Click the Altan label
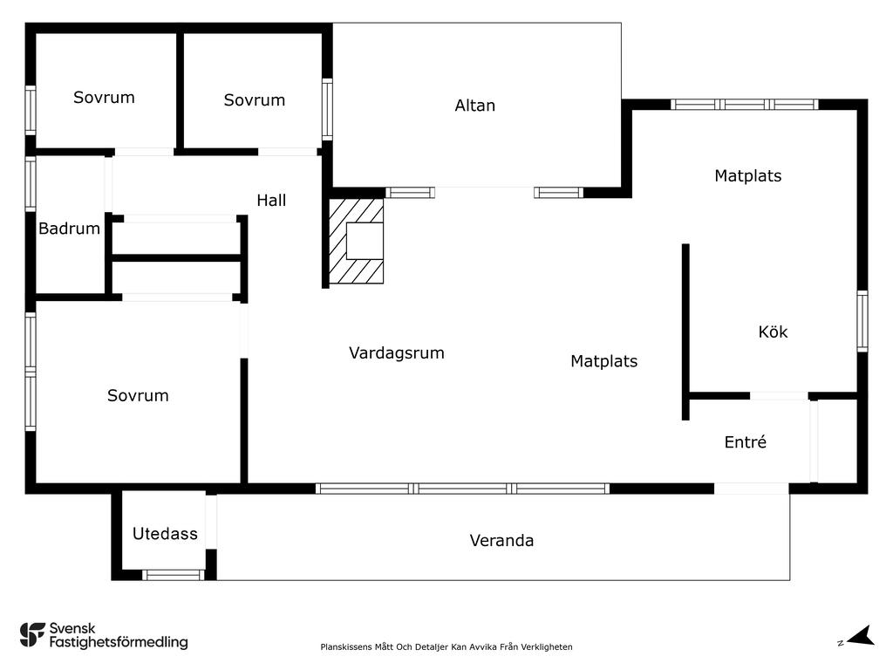point(474,106)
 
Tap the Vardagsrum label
point(397,353)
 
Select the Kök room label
point(773,332)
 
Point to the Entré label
point(746,442)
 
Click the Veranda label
point(501,541)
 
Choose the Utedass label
point(165,534)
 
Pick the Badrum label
point(69,229)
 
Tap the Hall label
point(271,201)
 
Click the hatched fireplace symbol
point(356,242)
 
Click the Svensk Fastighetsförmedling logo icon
point(32,634)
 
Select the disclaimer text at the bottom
point(446,647)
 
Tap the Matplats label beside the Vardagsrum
point(603,361)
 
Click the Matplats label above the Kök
point(747,176)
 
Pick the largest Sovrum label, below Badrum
point(138,396)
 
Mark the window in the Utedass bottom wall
point(173,574)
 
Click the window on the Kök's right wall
point(862,321)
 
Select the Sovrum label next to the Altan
point(254,100)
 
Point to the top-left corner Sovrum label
point(104,98)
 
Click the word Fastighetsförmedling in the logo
point(119,643)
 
